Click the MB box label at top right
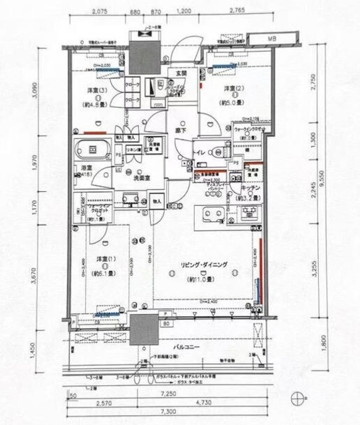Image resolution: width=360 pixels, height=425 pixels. tap(271, 39)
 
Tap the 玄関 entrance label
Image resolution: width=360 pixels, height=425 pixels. tap(179, 72)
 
